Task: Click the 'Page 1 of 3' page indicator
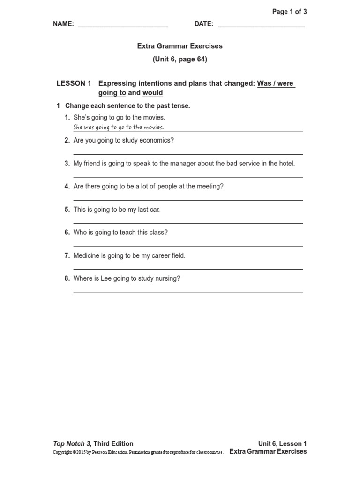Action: [289, 12]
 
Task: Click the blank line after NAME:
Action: [123, 26]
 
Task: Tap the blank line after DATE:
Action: [261, 26]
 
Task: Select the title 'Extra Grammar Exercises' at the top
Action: [180, 46]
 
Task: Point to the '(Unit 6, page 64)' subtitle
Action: [180, 60]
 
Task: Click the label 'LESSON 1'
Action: [74, 84]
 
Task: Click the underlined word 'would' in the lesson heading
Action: [152, 93]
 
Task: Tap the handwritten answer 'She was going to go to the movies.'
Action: [119, 127]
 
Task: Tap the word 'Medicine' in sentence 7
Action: [86, 255]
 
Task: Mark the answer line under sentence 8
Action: [188, 292]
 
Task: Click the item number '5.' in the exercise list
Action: [67, 210]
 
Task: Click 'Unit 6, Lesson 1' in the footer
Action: [282, 443]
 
